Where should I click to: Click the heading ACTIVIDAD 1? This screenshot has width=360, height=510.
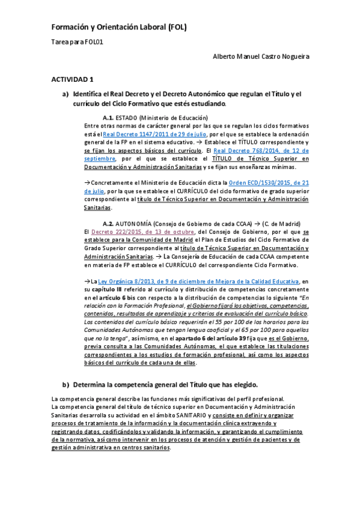tap(72, 79)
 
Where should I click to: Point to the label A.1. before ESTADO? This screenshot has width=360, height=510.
tap(108, 117)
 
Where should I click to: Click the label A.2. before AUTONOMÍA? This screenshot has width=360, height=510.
tap(108, 223)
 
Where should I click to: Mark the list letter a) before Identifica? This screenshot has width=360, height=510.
tap(66, 94)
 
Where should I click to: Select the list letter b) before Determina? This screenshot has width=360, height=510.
tap(66, 384)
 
